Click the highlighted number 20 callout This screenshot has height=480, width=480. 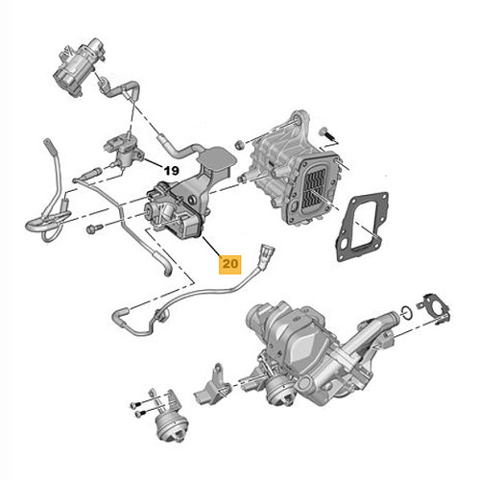coord(229,264)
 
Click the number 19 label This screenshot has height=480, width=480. coord(171,171)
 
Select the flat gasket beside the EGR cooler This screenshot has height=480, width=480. coord(362,227)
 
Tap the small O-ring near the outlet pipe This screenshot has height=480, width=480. coord(406,312)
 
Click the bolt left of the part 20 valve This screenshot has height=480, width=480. coord(94,228)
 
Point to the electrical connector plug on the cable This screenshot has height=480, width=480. coord(267,253)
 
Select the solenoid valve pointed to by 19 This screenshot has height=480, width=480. coord(123,151)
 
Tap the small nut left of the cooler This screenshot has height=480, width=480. coord(239,145)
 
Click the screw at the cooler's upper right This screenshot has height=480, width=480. coord(327,134)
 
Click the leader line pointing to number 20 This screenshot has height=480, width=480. coord(211,246)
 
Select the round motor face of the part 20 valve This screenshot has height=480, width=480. coord(149,209)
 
